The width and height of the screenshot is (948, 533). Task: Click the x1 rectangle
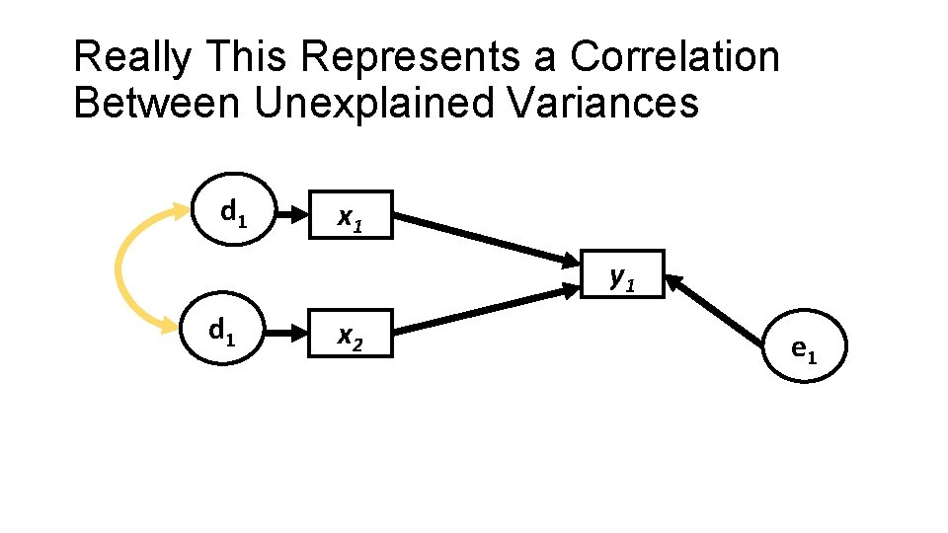pos(350,214)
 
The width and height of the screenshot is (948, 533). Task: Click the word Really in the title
pos(131,58)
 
